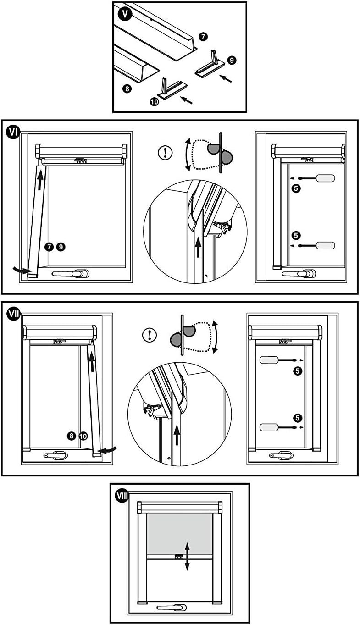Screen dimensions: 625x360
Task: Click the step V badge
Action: click(125, 14)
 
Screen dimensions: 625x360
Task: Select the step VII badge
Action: click(13, 314)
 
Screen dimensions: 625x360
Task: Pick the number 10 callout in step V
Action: click(155, 102)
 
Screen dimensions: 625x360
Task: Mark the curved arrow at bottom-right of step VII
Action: click(110, 450)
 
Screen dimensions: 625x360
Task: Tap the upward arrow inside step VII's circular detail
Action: click(177, 433)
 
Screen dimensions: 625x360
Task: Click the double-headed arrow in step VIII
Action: click(187, 556)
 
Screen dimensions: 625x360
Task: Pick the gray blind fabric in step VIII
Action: click(180, 533)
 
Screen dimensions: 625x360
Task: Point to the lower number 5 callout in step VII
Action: click(298, 418)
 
